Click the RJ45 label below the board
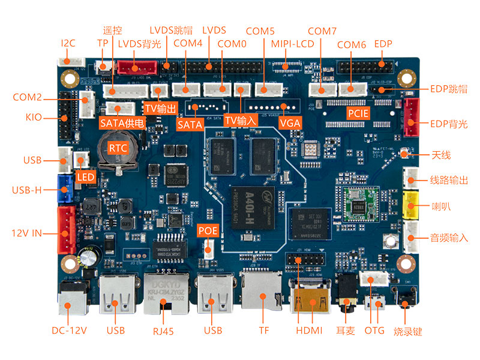coord(164,331)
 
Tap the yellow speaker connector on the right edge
coord(412,207)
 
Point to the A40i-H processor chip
coord(251,207)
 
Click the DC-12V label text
coord(69,331)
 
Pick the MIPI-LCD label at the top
coord(293,44)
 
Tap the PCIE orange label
coord(358,113)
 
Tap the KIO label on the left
coord(34,117)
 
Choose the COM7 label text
coord(322,31)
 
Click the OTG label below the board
coord(375,331)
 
